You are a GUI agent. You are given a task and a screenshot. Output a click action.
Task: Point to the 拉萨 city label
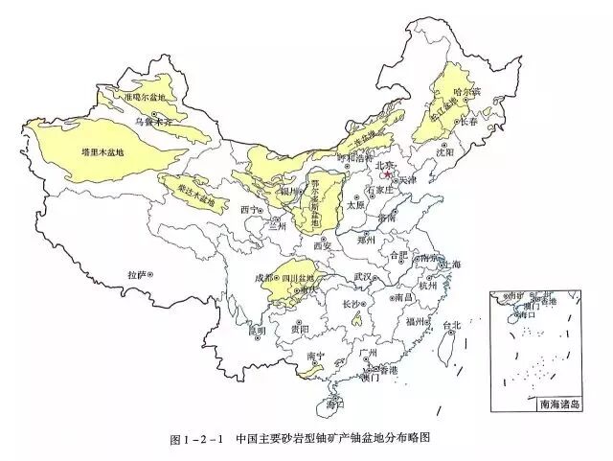pos(139,274)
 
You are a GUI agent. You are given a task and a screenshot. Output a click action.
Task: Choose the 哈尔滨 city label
pos(465,93)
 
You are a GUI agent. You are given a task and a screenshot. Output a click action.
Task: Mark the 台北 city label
pos(456,326)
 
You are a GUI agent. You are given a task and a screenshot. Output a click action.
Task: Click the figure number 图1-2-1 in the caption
pos(195,439)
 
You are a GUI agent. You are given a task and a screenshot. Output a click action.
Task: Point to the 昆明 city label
pos(256,332)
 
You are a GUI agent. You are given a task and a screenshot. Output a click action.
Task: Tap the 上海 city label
pos(451,265)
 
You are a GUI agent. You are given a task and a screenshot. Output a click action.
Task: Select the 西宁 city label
pos(250,208)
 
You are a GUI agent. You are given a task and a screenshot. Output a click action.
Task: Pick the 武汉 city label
pos(362,276)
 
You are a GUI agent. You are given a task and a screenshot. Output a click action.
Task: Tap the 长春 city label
pos(468,123)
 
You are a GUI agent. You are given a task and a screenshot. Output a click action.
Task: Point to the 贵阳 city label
pos(299,329)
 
